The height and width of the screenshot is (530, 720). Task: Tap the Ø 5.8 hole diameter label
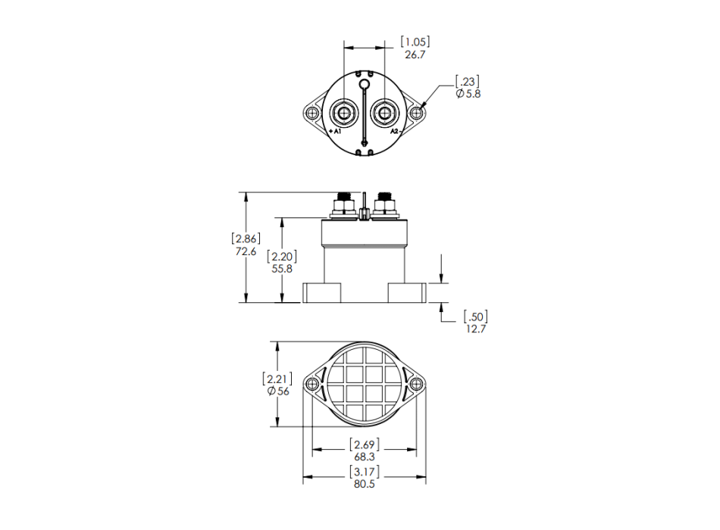pyautogui.click(x=468, y=94)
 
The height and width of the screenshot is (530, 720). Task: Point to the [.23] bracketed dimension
pyautogui.click(x=467, y=80)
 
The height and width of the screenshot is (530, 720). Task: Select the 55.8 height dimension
pyautogui.click(x=282, y=268)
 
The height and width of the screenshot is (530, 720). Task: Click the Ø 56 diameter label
pyautogui.click(x=278, y=391)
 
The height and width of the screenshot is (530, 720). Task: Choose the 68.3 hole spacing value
pyautogui.click(x=365, y=457)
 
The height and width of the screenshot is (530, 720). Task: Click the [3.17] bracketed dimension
pyautogui.click(x=365, y=472)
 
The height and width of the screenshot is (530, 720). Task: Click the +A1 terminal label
pyautogui.click(x=336, y=132)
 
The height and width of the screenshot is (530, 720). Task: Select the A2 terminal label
pyautogui.click(x=395, y=132)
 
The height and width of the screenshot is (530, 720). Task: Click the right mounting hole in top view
pyautogui.click(x=416, y=114)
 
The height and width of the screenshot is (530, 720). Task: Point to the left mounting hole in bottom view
pyautogui.click(x=312, y=384)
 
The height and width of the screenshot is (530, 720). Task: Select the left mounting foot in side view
pyautogui.click(x=321, y=292)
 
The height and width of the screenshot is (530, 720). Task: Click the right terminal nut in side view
pyautogui.click(x=385, y=204)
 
